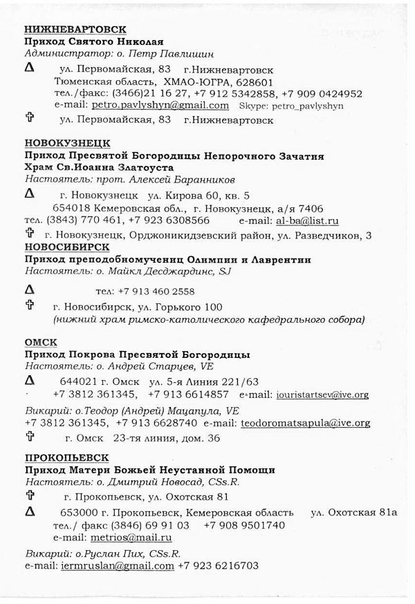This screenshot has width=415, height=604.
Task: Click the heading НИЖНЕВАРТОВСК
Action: coord(75,29)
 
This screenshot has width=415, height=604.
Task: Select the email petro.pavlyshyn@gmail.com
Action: coord(160,106)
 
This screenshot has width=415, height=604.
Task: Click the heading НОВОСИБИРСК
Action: coord(67,247)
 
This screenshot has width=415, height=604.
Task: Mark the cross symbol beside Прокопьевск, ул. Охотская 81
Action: coord(29,496)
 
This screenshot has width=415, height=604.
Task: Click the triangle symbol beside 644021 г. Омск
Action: coord(29,381)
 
